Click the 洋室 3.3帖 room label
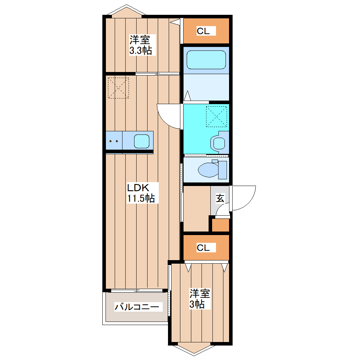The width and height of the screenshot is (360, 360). point(141,45)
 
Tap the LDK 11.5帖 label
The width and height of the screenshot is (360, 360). point(141,193)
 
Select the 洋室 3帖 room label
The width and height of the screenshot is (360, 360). point(199,299)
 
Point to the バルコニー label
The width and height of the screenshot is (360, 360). point(137,307)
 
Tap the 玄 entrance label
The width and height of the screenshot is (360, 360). point(220,198)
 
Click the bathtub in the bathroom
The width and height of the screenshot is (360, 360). point(206,60)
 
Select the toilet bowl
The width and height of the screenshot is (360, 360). point(208,170)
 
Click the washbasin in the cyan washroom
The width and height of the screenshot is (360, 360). point(219,144)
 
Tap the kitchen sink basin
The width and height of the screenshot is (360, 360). point(142,141)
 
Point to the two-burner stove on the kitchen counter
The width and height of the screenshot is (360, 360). point(114,141)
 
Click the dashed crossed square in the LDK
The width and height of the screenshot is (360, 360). point(119,88)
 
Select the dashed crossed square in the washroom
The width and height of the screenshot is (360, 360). point(216,116)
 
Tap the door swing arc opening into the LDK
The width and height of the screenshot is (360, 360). point(163,121)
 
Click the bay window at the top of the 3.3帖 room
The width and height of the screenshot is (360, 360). point(126,11)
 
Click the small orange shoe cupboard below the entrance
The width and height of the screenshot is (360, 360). point(220,225)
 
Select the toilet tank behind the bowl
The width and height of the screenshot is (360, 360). point(222,170)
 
